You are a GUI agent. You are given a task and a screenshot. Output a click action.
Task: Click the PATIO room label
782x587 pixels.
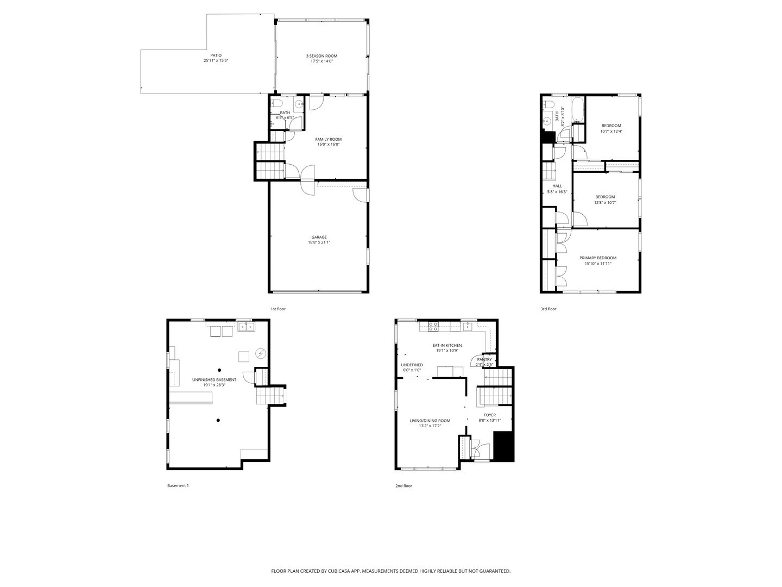click(x=216, y=55)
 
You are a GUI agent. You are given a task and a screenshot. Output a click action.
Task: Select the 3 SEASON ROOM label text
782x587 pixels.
click(x=321, y=56)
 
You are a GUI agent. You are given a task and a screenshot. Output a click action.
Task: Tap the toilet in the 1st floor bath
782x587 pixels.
click(x=276, y=103)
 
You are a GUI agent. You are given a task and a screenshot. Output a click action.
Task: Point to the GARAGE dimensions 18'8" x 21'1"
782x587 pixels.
click(x=319, y=242)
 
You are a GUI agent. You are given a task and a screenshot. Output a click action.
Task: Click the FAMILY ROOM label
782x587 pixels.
click(x=328, y=139)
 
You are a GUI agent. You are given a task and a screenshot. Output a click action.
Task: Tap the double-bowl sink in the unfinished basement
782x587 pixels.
click(x=247, y=327)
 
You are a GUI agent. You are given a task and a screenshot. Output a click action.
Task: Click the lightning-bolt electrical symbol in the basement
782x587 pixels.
click(x=261, y=353)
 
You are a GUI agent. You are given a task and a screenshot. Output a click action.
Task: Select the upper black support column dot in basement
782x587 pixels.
click(x=220, y=370)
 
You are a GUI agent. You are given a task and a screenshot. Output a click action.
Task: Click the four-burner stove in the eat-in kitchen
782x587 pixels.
click(x=433, y=327)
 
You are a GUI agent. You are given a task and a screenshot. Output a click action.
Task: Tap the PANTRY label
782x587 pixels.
click(x=484, y=359)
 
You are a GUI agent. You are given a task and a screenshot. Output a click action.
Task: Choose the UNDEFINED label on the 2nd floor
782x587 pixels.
click(x=412, y=365)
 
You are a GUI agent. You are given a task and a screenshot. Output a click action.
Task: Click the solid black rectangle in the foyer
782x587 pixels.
click(x=503, y=446)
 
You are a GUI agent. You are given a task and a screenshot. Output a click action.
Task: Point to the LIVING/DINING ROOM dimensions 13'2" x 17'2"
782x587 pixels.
click(x=430, y=426)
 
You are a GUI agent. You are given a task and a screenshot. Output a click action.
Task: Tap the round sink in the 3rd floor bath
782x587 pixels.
click(x=547, y=120)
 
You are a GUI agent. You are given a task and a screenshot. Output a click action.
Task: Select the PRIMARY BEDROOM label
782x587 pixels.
click(x=598, y=258)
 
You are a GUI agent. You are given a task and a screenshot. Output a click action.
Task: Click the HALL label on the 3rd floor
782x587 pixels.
click(x=557, y=186)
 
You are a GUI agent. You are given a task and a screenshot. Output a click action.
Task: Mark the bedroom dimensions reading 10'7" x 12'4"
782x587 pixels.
click(x=611, y=131)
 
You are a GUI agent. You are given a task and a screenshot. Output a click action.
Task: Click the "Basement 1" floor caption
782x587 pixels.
click(x=178, y=486)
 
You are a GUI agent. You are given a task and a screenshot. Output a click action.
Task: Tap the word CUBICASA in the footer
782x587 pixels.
click(x=336, y=571)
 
